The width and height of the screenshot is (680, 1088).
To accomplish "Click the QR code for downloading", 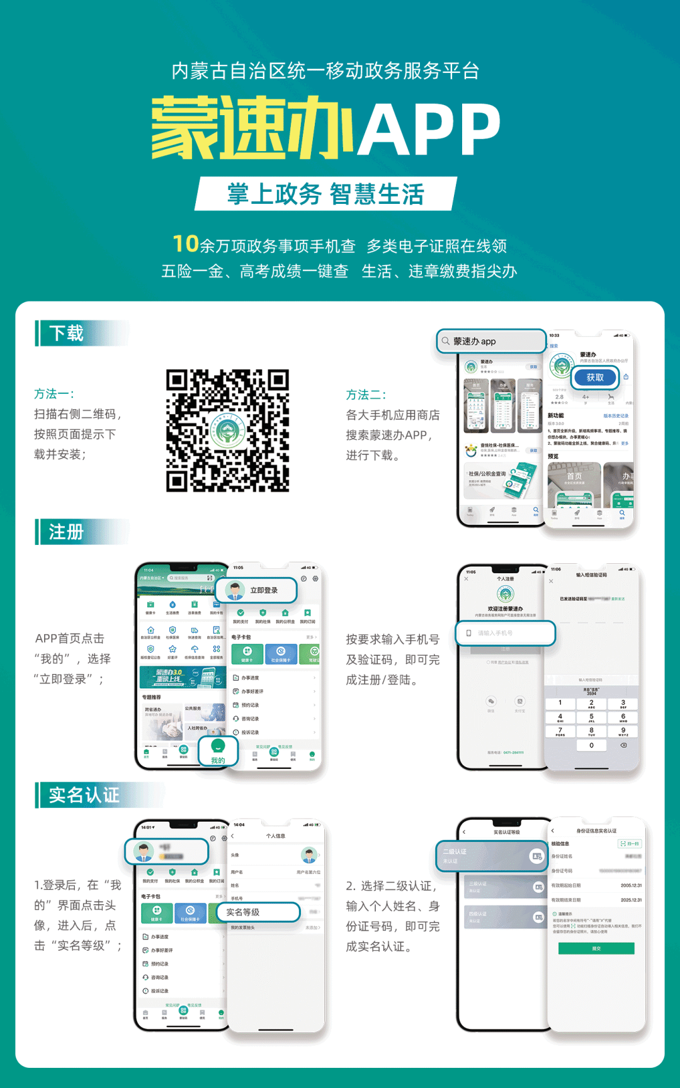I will tap(227, 430).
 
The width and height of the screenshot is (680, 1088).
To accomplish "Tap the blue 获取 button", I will tap(595, 378).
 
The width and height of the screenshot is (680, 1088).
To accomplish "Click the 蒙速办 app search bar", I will tap(491, 341).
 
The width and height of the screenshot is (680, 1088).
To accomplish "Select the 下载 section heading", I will tap(66, 333).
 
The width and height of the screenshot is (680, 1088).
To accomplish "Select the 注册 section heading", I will tap(66, 532).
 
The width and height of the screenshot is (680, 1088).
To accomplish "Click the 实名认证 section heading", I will tap(84, 795).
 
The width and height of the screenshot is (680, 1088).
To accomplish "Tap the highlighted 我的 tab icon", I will tap(218, 751).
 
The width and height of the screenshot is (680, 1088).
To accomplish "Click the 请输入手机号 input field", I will tap(506, 633).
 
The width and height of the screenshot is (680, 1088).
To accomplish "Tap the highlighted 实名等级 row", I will tap(258, 912).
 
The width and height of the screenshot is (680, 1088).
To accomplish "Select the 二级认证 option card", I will tap(492, 856).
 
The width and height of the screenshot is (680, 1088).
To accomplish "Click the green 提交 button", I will tap(596, 948).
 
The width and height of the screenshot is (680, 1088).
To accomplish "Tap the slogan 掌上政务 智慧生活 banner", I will tap(326, 194).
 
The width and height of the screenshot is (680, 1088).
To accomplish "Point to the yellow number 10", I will tap(186, 244).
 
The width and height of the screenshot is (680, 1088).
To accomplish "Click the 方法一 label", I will tap(54, 394).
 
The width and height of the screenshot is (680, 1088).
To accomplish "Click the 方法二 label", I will tap(366, 395).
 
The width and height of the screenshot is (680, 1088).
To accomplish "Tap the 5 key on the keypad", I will tap(591, 717).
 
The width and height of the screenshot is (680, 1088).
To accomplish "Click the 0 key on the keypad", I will tap(591, 745).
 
